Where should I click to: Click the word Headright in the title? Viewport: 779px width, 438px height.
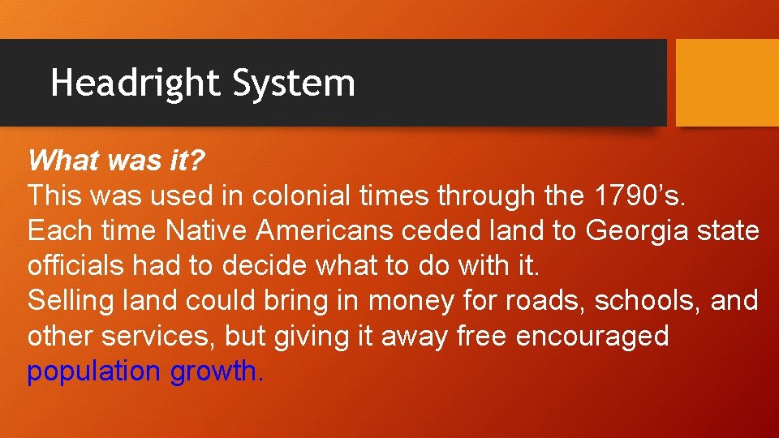(x=135, y=83)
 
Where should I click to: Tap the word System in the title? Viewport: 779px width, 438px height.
(x=294, y=83)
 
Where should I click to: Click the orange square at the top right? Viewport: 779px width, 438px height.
(x=727, y=83)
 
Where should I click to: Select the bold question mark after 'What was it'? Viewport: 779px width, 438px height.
(x=198, y=160)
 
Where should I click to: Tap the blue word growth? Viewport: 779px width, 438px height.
(x=216, y=371)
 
